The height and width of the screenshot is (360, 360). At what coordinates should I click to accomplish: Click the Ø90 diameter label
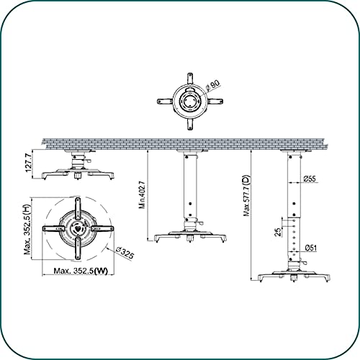point(212,86)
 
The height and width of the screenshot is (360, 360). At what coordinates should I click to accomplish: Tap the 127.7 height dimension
point(28,163)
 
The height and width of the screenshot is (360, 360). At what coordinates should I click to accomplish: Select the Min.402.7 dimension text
point(142,194)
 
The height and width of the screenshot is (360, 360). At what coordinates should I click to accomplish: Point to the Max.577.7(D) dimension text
point(246,195)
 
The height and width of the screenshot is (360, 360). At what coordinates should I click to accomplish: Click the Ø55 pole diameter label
point(310,179)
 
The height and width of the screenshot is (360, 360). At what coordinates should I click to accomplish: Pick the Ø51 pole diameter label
point(311,248)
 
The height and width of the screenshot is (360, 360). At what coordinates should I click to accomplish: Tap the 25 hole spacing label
point(278,232)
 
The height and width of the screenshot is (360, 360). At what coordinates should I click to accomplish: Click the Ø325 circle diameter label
point(125,253)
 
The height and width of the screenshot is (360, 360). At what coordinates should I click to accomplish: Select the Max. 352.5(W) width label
point(81,271)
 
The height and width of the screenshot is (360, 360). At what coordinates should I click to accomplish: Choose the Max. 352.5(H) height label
point(27,229)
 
